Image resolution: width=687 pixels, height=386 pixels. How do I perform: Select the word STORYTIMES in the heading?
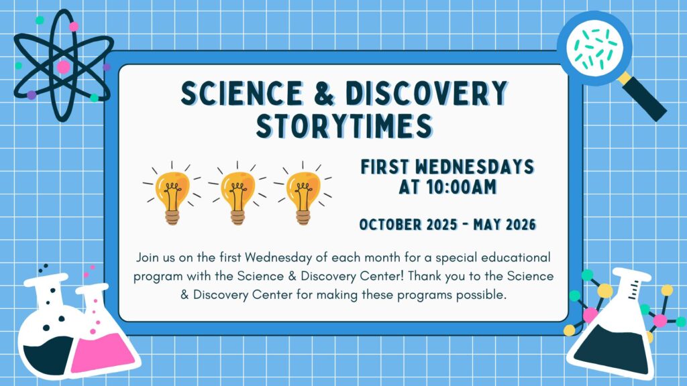point(343,125)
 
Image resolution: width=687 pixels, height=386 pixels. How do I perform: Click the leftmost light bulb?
point(171,194)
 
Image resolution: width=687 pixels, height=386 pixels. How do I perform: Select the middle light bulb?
point(236,194)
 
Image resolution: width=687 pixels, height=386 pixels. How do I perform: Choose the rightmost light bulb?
point(301,194)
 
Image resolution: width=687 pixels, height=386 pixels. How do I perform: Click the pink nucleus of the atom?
point(63,67)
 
